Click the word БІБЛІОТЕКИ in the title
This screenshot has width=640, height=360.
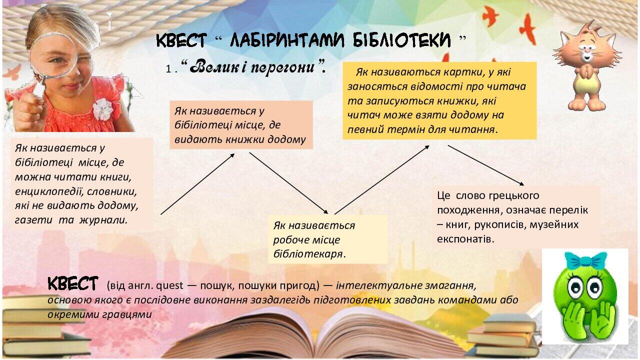401,40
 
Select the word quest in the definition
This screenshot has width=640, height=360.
169,286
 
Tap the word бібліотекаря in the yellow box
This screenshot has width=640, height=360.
307,254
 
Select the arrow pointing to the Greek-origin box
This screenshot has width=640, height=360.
485,165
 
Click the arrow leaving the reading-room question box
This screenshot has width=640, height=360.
197,184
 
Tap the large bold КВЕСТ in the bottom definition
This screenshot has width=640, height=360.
73,283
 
